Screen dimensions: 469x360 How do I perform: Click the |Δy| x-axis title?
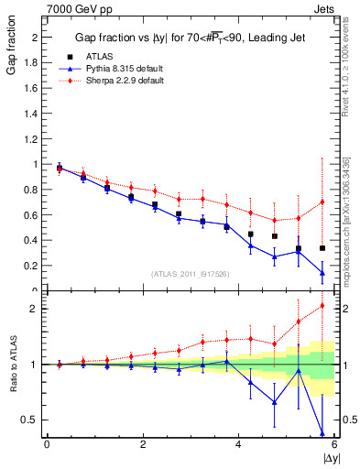pyautogui.click(x=329, y=457)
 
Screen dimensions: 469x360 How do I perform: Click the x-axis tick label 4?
pyautogui.click(x=239, y=444)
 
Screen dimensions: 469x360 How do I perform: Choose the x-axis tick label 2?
pyautogui.click(x=143, y=444)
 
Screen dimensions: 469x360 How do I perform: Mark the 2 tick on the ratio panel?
pyautogui.click(x=37, y=308)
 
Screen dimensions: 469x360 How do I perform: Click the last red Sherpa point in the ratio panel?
pyautogui.click(x=322, y=306)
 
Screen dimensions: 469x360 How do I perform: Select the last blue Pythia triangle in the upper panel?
pyautogui.click(x=322, y=272)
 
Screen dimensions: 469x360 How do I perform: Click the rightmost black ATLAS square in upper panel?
pyautogui.click(x=322, y=248)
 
